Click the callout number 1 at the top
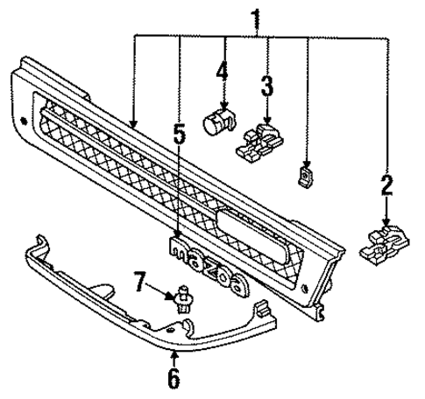(255, 17)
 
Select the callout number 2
(386, 185)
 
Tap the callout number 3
(266, 87)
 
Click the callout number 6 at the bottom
(174, 379)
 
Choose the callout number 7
(139, 283)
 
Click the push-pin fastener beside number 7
(184, 297)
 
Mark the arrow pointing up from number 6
(174, 359)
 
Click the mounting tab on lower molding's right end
(261, 309)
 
